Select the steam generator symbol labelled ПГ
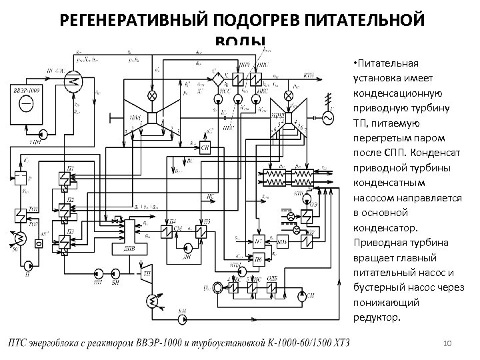tap(73, 83)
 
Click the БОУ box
tap(282, 240)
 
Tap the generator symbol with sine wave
tap(327, 117)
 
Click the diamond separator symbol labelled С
tap(216, 78)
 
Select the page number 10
tap(447, 343)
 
